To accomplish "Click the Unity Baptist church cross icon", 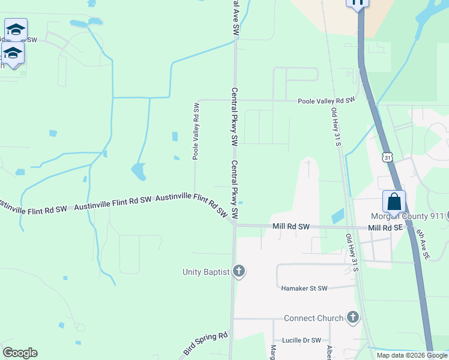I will [239, 272].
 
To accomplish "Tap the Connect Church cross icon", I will [352, 317].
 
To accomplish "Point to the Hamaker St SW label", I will [304, 289].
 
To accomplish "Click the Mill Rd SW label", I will [291, 227].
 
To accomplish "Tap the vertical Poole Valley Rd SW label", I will [196, 130].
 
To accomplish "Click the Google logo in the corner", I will [20, 353].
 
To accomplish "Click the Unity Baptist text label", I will [206, 272].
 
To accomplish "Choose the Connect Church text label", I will [313, 318].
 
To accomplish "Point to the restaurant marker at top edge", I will [357, 3].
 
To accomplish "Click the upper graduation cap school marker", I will [16, 29].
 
